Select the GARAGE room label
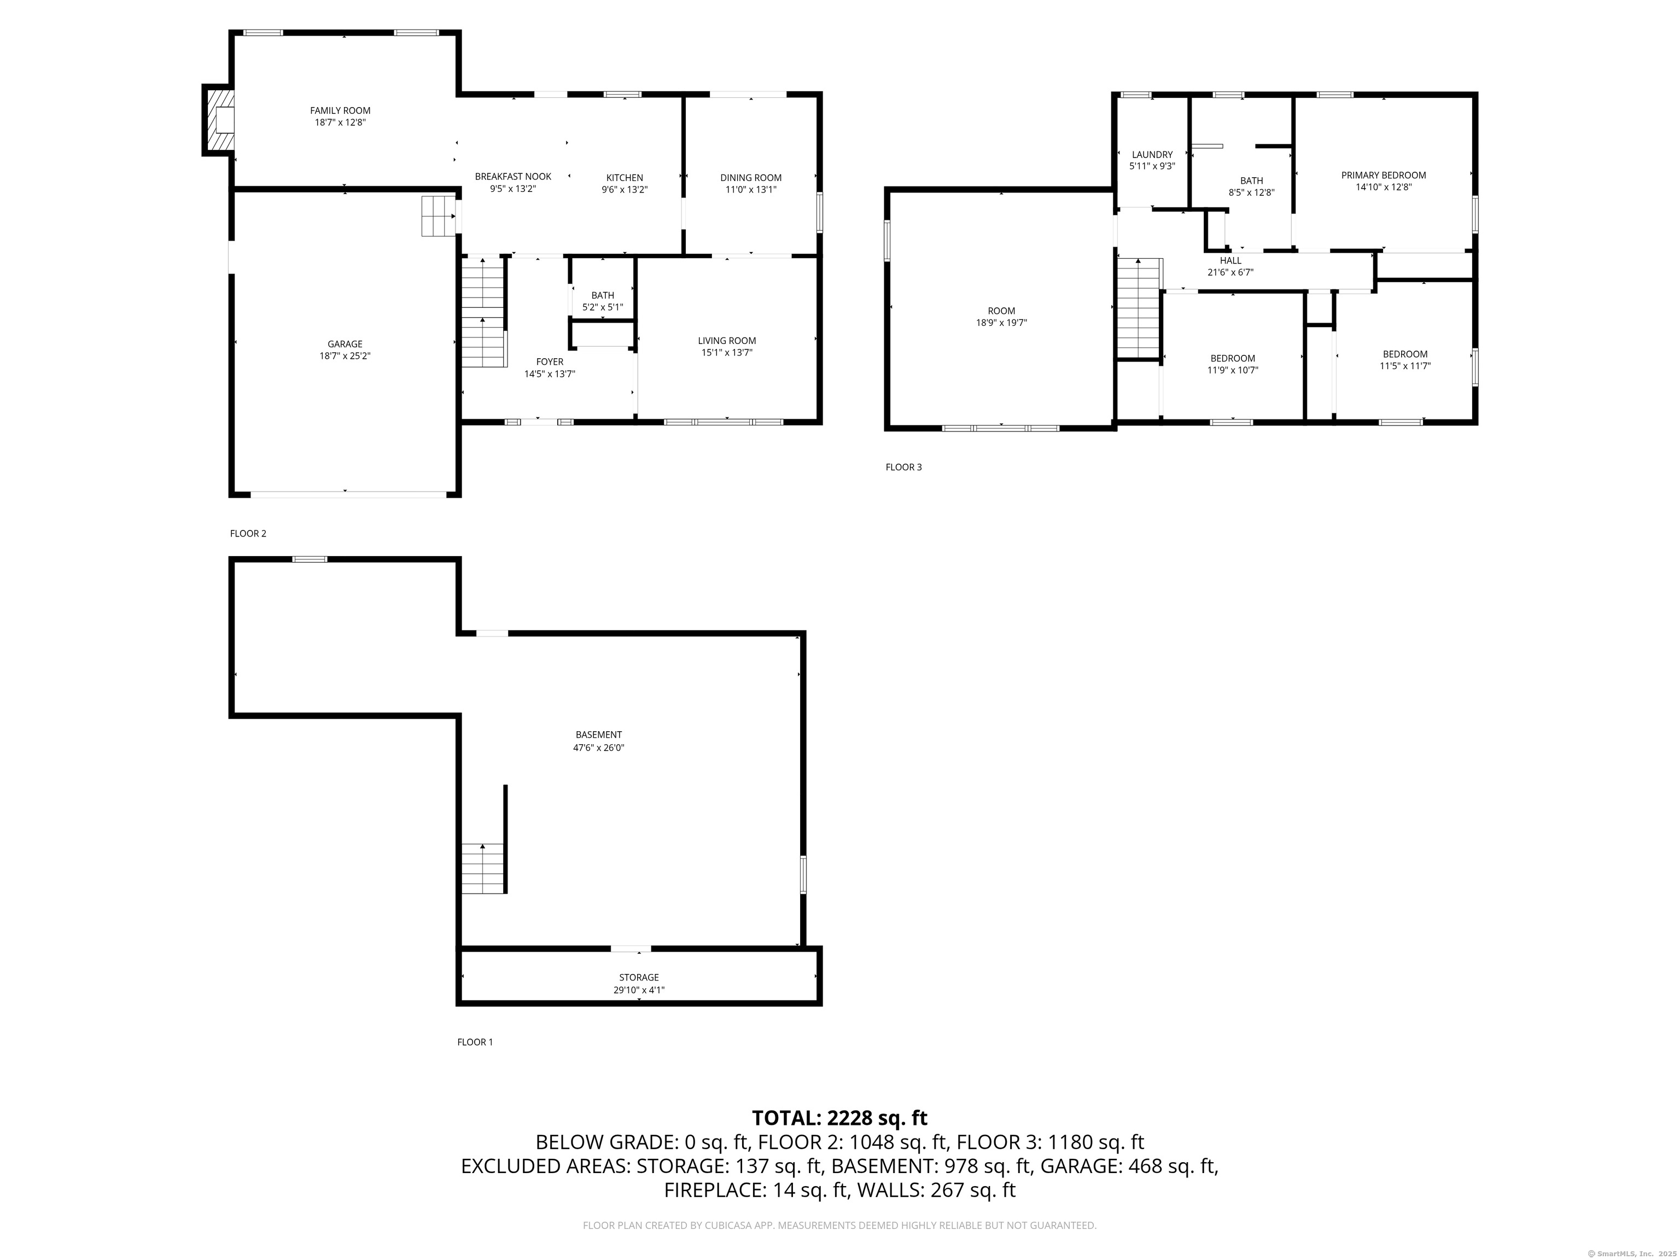pyautogui.click(x=345, y=344)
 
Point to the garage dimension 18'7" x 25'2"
pyautogui.click(x=345, y=356)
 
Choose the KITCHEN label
pyautogui.click(x=625, y=178)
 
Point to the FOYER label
pyautogui.click(x=550, y=362)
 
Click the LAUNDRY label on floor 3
pyautogui.click(x=1152, y=155)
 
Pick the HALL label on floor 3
pyautogui.click(x=1230, y=260)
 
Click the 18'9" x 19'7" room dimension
pyautogui.click(x=1002, y=323)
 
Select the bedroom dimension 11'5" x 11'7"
pyautogui.click(x=1405, y=366)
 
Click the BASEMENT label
pyautogui.click(x=598, y=735)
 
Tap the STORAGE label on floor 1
pyautogui.click(x=639, y=977)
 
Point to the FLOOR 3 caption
pyautogui.click(x=904, y=467)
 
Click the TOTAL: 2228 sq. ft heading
pyautogui.click(x=839, y=1118)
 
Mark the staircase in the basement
pyautogui.click(x=483, y=868)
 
